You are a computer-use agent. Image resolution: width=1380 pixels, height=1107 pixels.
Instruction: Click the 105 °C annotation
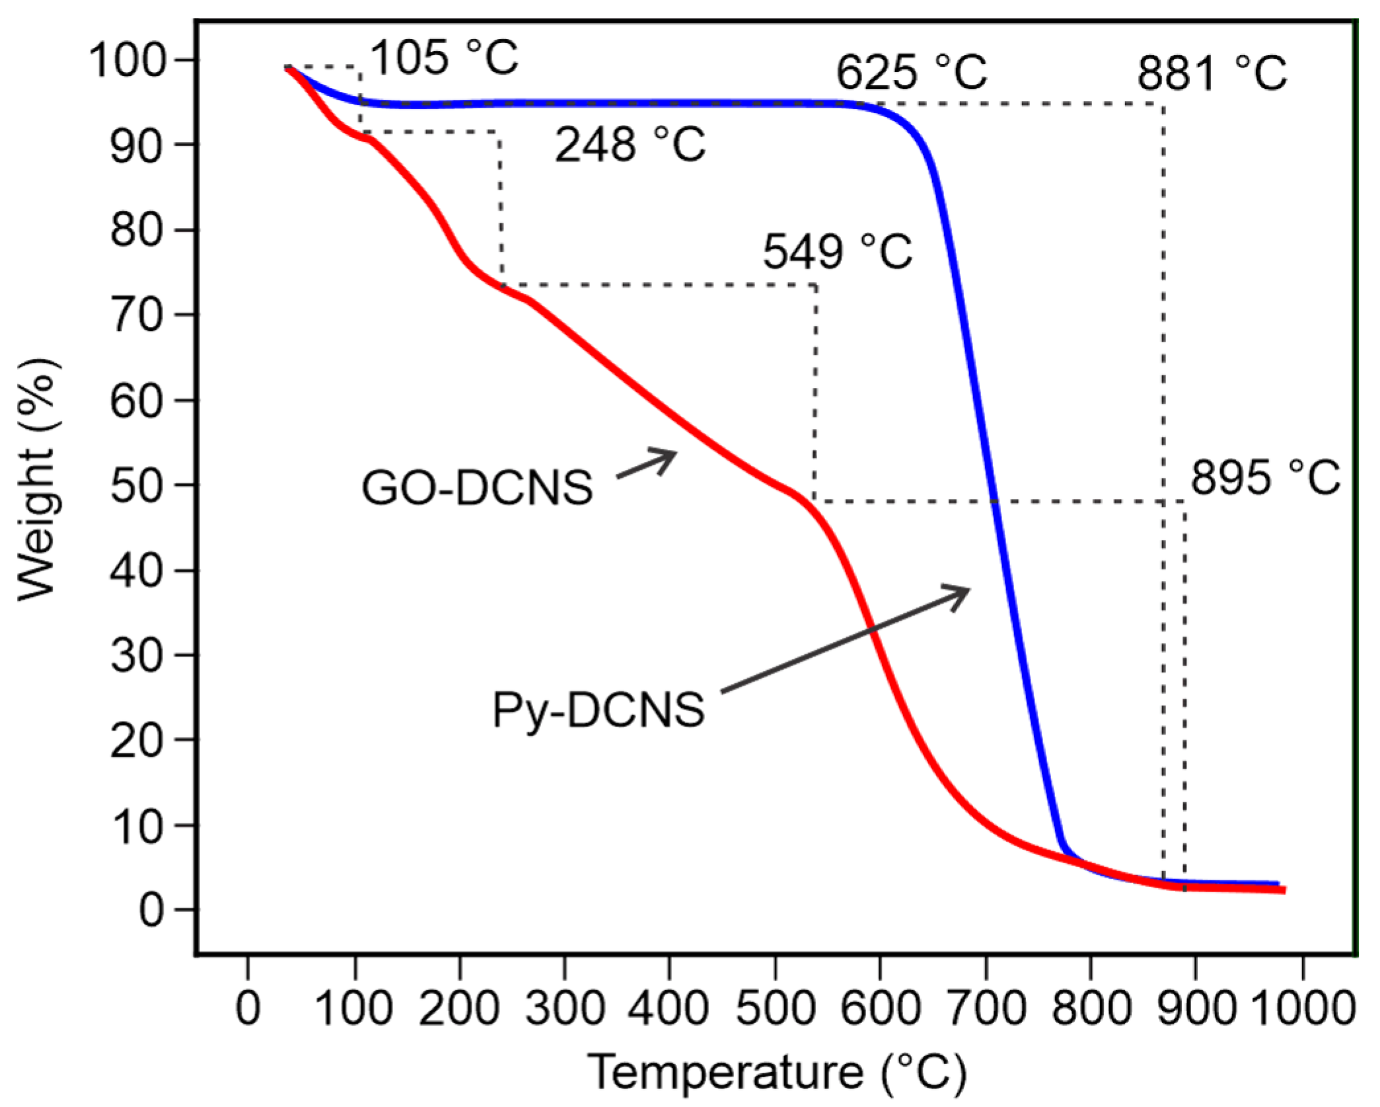[x=444, y=57]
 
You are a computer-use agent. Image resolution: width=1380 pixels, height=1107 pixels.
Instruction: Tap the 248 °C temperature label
[x=630, y=145]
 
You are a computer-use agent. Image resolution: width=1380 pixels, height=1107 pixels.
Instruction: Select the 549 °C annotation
[x=837, y=252]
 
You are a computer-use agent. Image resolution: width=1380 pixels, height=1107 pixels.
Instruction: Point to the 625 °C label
[x=911, y=72]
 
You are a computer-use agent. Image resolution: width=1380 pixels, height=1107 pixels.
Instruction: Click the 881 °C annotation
[x=1212, y=73]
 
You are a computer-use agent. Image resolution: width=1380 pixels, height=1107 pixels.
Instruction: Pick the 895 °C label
[x=1265, y=477]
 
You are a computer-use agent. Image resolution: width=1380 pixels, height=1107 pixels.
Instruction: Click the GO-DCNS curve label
[x=477, y=488]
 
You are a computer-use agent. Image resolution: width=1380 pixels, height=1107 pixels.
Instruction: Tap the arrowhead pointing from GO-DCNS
[x=669, y=455]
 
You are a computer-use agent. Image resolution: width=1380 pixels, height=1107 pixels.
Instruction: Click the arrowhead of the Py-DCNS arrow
[x=962, y=591]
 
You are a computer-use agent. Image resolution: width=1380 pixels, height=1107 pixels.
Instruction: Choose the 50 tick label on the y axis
[x=137, y=486]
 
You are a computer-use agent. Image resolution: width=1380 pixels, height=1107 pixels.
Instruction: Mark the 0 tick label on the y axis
[x=151, y=910]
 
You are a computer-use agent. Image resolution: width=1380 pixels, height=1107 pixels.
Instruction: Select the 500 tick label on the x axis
[x=774, y=1009]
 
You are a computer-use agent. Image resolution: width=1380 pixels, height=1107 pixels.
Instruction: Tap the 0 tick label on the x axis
[x=248, y=1009]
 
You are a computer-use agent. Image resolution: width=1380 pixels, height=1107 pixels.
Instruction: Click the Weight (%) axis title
[x=36, y=480]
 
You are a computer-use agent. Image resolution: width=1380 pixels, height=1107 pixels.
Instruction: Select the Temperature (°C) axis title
[x=777, y=1072]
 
